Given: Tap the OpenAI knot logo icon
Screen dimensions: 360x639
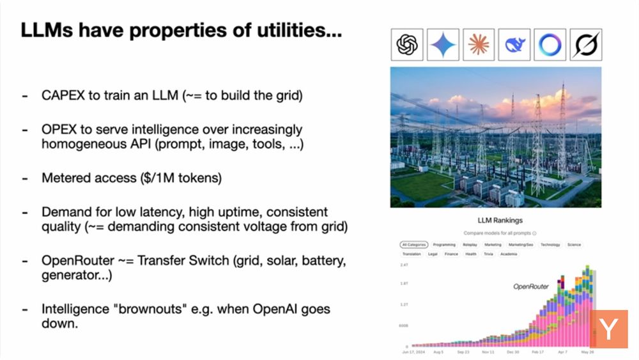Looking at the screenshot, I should point(408,45).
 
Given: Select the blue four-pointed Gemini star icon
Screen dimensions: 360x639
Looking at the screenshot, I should point(443,45).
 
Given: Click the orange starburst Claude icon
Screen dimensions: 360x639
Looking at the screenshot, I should point(479,45).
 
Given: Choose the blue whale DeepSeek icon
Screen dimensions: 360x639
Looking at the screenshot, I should point(514,45).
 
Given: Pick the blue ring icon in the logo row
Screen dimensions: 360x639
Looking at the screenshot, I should point(550,45).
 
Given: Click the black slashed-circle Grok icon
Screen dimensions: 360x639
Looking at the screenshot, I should point(585,45).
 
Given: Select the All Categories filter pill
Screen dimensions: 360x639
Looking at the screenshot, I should point(413,244).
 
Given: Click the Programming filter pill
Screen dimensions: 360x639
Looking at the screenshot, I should point(444,244).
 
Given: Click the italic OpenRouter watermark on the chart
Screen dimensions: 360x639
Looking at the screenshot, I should point(531,286).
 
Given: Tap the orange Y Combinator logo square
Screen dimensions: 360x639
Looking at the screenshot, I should point(608,330).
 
